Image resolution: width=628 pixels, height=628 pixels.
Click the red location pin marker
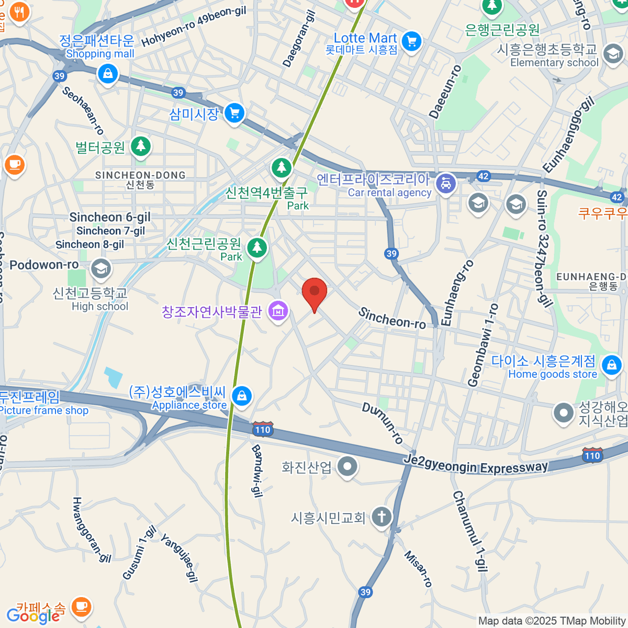point(315,292)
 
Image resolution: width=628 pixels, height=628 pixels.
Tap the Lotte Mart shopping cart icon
point(412,41)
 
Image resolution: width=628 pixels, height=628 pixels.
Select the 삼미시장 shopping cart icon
point(234,113)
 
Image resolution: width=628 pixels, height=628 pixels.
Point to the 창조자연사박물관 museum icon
point(278,311)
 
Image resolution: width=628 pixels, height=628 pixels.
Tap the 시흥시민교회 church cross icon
point(382,517)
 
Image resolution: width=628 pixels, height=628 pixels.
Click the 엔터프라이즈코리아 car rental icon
point(445,184)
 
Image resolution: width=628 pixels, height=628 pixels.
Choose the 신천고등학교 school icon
point(100,268)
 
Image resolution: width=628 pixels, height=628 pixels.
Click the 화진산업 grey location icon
point(347,466)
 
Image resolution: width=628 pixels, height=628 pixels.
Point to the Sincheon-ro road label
point(392,318)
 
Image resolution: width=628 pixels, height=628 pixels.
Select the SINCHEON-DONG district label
point(140,175)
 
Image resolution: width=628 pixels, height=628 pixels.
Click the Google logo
point(33,615)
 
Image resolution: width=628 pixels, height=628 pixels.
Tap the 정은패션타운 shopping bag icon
point(108,73)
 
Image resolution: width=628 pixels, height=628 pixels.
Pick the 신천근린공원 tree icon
point(256,247)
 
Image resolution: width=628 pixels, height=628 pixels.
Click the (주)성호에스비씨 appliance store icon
point(241,396)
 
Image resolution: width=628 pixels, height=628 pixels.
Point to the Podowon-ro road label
point(44,265)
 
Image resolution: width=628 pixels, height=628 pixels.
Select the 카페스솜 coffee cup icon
point(81,607)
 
